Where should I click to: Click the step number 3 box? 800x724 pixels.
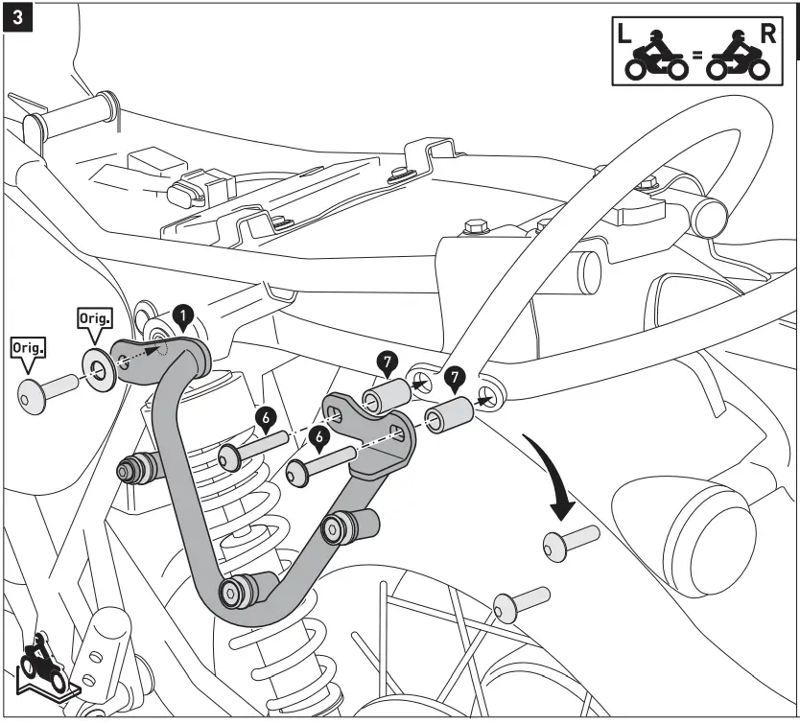pos(18,18)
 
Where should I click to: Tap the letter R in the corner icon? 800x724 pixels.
pos(767,35)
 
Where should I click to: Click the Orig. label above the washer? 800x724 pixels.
pos(93,319)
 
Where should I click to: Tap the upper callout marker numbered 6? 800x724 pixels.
pos(266,416)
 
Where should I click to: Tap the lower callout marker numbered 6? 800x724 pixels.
pos(319,438)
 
